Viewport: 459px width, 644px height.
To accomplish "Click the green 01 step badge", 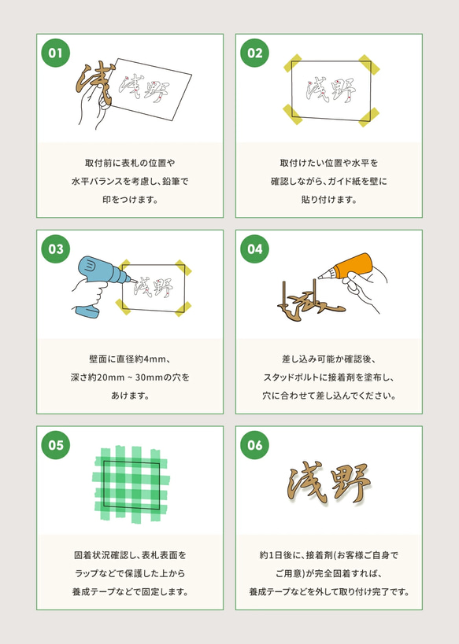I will [55, 53].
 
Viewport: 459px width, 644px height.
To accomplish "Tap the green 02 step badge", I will [254, 53].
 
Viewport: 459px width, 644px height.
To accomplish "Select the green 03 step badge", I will [55, 249].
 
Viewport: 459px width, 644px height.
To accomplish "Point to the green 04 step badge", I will [254, 249].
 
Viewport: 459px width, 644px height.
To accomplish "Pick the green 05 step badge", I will [55, 445].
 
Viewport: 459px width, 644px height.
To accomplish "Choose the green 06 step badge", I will [254, 445].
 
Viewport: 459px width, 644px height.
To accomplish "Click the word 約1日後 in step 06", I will [277, 555].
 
